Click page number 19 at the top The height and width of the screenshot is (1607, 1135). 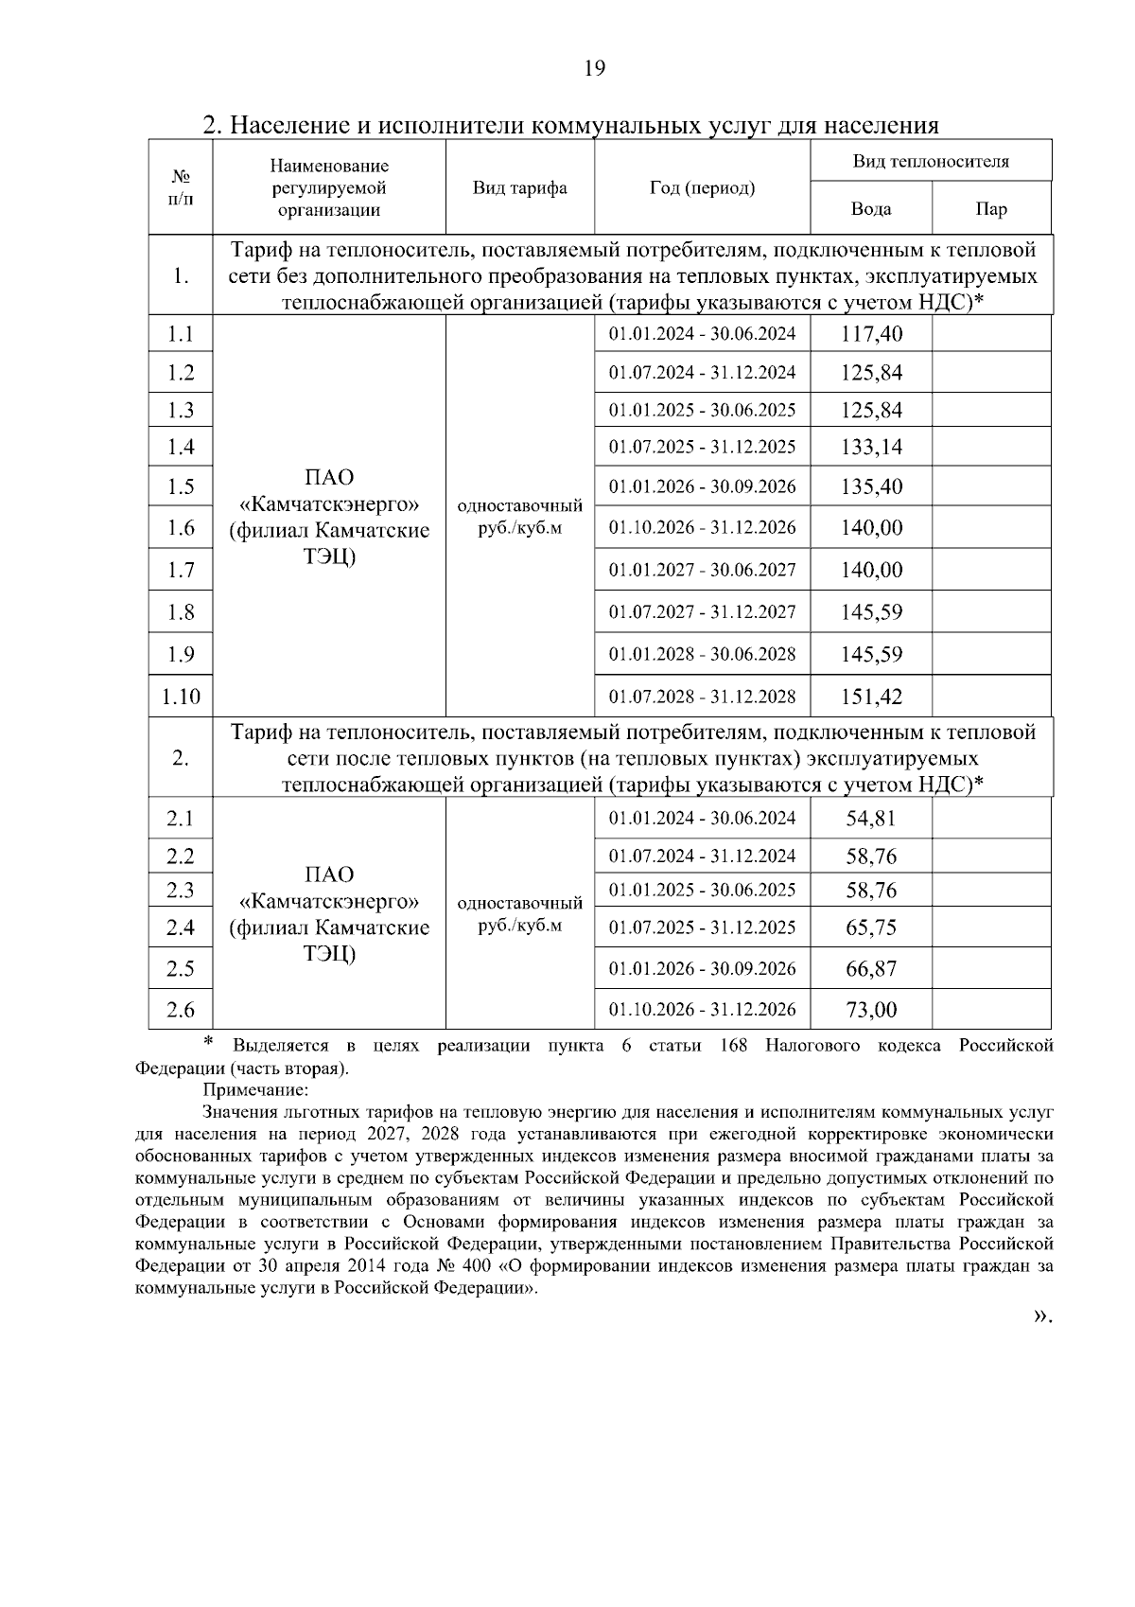coord(594,68)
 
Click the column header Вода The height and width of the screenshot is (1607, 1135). coord(870,209)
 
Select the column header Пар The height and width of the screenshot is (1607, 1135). coord(990,209)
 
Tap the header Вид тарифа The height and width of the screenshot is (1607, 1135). coord(519,187)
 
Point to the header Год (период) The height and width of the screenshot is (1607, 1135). coord(702,187)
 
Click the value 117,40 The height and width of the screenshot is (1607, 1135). coord(871,333)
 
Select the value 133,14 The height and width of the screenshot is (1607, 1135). coord(871,447)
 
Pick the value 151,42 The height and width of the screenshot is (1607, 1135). coord(871,698)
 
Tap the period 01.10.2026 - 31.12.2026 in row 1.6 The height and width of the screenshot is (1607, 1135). coord(702,527)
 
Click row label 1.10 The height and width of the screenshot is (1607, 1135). coord(181,698)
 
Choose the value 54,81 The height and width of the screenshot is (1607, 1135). coord(870,818)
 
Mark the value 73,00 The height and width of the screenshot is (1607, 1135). coord(870,1010)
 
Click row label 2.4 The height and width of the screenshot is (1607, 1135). coord(181,927)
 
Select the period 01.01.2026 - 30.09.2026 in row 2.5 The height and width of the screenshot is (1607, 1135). coord(702,968)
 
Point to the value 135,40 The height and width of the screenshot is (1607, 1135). coord(871,486)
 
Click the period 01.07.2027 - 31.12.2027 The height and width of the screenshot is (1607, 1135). coord(702,611)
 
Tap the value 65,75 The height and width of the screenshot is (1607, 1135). coord(870,927)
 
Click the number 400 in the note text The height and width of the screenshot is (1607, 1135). coord(484,1265)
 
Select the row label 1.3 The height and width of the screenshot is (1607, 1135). coord(181,410)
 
